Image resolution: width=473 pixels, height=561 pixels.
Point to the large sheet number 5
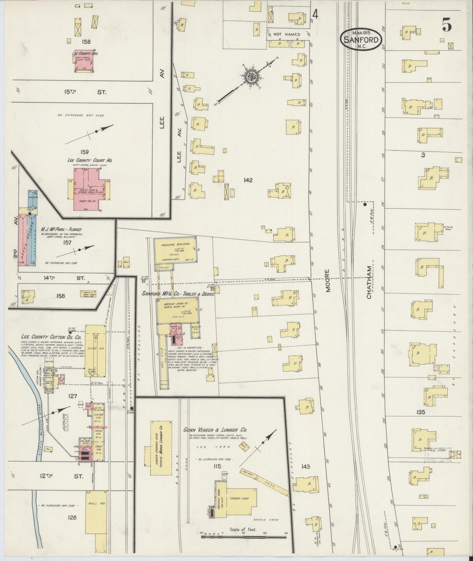point(447,25)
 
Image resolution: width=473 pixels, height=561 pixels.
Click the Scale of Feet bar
point(244,536)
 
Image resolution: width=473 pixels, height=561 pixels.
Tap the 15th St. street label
point(85,92)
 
